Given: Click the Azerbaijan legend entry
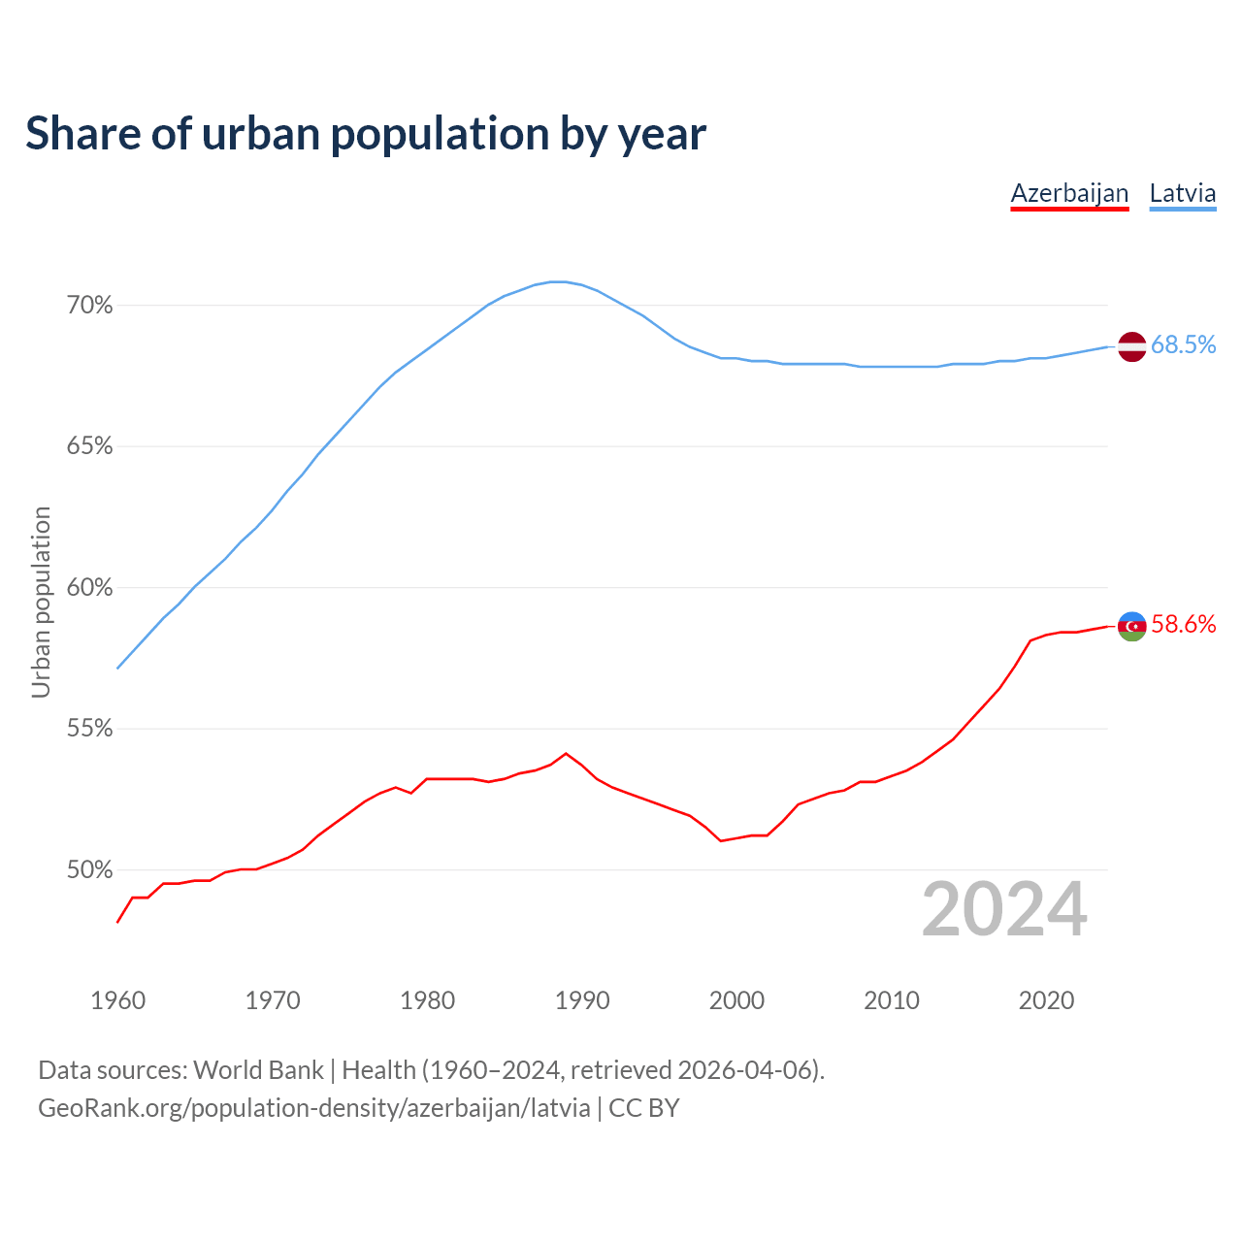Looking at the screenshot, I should (1069, 193).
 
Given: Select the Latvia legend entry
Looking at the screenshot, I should (1182, 193).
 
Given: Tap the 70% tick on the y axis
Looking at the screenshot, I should (89, 306).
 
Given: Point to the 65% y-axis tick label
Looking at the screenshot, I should (89, 446).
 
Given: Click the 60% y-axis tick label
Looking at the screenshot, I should (89, 588).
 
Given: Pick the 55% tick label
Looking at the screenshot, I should (89, 729).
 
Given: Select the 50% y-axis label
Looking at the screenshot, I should (89, 870).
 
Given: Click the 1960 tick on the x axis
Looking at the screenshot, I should (117, 1000).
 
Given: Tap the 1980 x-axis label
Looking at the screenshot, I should (427, 1000).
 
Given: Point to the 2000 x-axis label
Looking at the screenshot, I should (736, 1000).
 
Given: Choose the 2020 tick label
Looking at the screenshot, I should (1046, 1000).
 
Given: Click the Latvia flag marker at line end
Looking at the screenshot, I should (1132, 346).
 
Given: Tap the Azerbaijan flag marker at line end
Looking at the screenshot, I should (1132, 627).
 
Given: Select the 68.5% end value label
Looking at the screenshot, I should (1183, 345).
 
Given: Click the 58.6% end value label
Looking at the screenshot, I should (1183, 625).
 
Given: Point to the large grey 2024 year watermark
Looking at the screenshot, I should (1004, 910).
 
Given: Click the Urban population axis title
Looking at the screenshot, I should (41, 602).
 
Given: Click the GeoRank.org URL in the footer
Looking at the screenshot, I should (313, 1108).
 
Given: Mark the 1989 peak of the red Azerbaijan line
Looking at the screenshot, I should (566, 754).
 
